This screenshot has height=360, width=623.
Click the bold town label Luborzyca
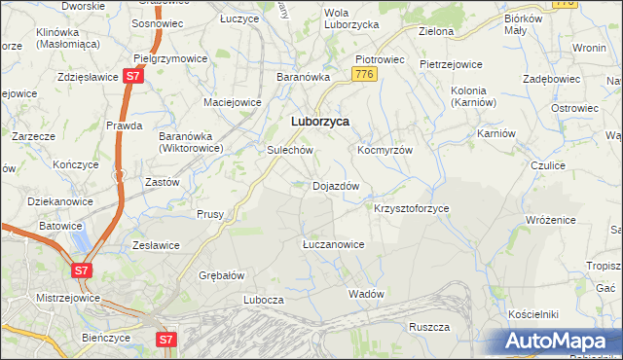pos(320,122)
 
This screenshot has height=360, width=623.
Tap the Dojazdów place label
pos(336,186)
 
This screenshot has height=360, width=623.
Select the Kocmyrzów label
pos(385,151)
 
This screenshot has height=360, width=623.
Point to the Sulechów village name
pos(289,151)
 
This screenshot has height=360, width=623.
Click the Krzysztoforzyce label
pos(411,209)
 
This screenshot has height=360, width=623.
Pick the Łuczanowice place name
pos(332,244)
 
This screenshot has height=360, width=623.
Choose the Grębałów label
pos(221,275)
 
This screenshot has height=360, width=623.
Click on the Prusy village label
pos(210,214)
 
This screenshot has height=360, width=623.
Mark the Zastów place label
pos(162,182)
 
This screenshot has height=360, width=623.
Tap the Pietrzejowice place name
pos(451,64)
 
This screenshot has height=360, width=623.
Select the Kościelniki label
pos(532,315)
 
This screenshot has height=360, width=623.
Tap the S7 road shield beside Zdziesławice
pos(134,76)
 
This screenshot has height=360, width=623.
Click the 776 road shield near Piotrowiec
pos(365,74)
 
